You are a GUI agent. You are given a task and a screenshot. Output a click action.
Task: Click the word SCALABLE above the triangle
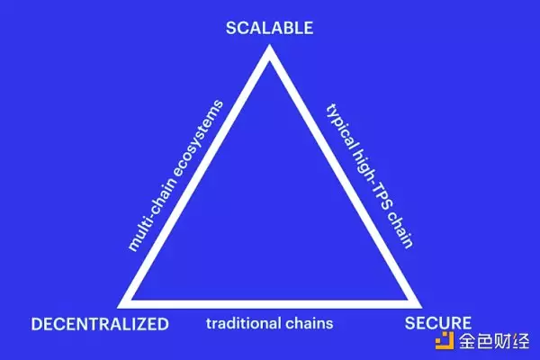coord(269,28)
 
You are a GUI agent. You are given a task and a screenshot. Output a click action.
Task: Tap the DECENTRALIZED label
coord(99,323)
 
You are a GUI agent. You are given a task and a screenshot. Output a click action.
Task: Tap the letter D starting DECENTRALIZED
coord(37,323)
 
